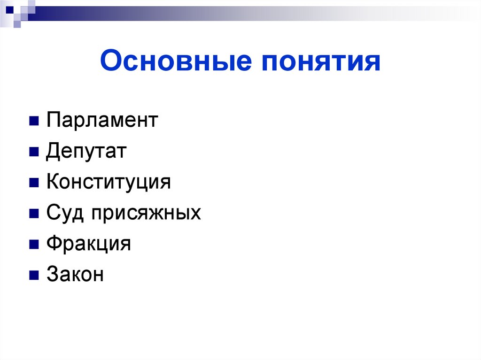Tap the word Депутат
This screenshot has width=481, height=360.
pos(86,152)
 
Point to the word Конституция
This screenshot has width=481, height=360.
pos(109,182)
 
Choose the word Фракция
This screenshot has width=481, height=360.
pos(88,244)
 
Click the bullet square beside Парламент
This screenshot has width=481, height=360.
pos(33,122)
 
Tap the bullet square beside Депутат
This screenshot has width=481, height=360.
pos(33,153)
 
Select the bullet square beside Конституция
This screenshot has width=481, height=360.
pos(33,183)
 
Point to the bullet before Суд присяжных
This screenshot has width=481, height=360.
pos(33,214)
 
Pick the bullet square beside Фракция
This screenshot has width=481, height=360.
pos(33,245)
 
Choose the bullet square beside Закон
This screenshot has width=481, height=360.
pos(33,276)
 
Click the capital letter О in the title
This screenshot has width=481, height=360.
pos(110,62)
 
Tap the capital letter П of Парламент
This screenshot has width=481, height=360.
pos(52,121)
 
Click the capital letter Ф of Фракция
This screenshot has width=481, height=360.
pos(53,244)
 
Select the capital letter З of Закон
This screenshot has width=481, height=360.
pos(52,275)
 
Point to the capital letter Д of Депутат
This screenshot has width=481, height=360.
pos(53,152)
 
